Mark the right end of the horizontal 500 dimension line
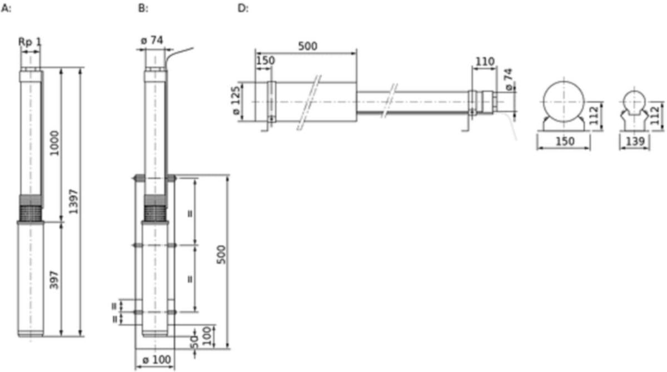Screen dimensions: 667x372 click(x=356, y=53)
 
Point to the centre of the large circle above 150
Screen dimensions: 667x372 click(x=564, y=102)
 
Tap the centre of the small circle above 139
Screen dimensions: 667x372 click(x=634, y=102)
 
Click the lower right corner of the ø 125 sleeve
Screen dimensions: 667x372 click(x=357, y=121)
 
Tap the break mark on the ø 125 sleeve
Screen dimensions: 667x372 click(x=309, y=102)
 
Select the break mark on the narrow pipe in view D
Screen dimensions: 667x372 click(x=390, y=101)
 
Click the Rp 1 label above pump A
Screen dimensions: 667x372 click(x=30, y=42)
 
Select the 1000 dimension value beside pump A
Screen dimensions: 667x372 click(x=54, y=143)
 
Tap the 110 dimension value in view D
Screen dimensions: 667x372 click(x=485, y=62)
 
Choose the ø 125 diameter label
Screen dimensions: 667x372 click(x=236, y=101)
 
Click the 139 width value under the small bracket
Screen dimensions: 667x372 click(x=635, y=141)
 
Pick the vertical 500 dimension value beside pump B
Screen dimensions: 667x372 click(x=221, y=255)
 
